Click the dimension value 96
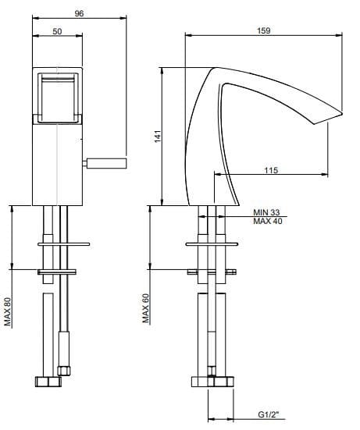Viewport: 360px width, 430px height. click(x=79, y=12)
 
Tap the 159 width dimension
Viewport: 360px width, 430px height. click(x=263, y=30)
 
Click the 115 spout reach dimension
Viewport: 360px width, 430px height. click(x=271, y=170)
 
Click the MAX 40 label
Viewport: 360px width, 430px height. click(x=268, y=222)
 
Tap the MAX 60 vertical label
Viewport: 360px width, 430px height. click(x=146, y=308)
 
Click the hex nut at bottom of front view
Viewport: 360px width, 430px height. click(x=48, y=382)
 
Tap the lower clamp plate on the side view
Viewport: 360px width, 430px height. click(x=211, y=272)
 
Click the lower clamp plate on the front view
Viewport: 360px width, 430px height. click(x=59, y=272)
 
